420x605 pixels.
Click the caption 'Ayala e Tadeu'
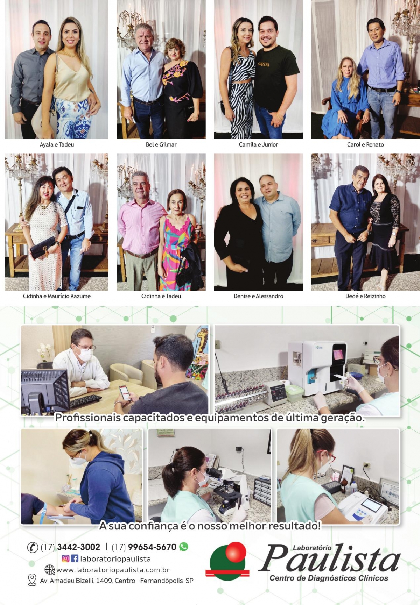(57, 144)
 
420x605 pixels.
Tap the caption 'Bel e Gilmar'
(161, 144)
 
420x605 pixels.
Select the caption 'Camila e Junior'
(258, 144)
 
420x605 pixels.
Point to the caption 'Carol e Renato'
(365, 144)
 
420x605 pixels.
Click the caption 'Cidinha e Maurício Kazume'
(57, 296)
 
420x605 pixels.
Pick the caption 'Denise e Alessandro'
(258, 296)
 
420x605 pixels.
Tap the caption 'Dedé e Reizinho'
(365, 296)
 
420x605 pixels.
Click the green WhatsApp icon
(184, 547)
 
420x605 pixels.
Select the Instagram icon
(65, 558)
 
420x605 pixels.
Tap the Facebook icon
(75, 558)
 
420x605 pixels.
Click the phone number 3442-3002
(78, 547)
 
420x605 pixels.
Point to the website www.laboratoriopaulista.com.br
(113, 570)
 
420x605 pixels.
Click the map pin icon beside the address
(32, 580)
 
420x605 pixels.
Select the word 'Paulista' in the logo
(329, 558)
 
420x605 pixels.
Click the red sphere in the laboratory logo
(237, 551)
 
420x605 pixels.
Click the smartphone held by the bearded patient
(124, 393)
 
